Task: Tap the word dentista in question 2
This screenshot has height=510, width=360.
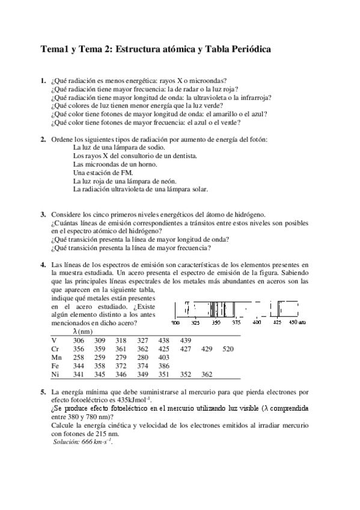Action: [x=183, y=155]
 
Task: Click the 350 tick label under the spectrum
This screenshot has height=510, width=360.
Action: [x=216, y=323]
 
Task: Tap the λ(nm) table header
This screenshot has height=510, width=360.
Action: [x=82, y=331]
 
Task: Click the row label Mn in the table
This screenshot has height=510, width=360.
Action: [x=56, y=357]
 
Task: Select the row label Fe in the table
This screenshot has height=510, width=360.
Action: [x=55, y=365]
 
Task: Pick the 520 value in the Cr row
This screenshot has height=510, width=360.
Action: [x=228, y=348]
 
